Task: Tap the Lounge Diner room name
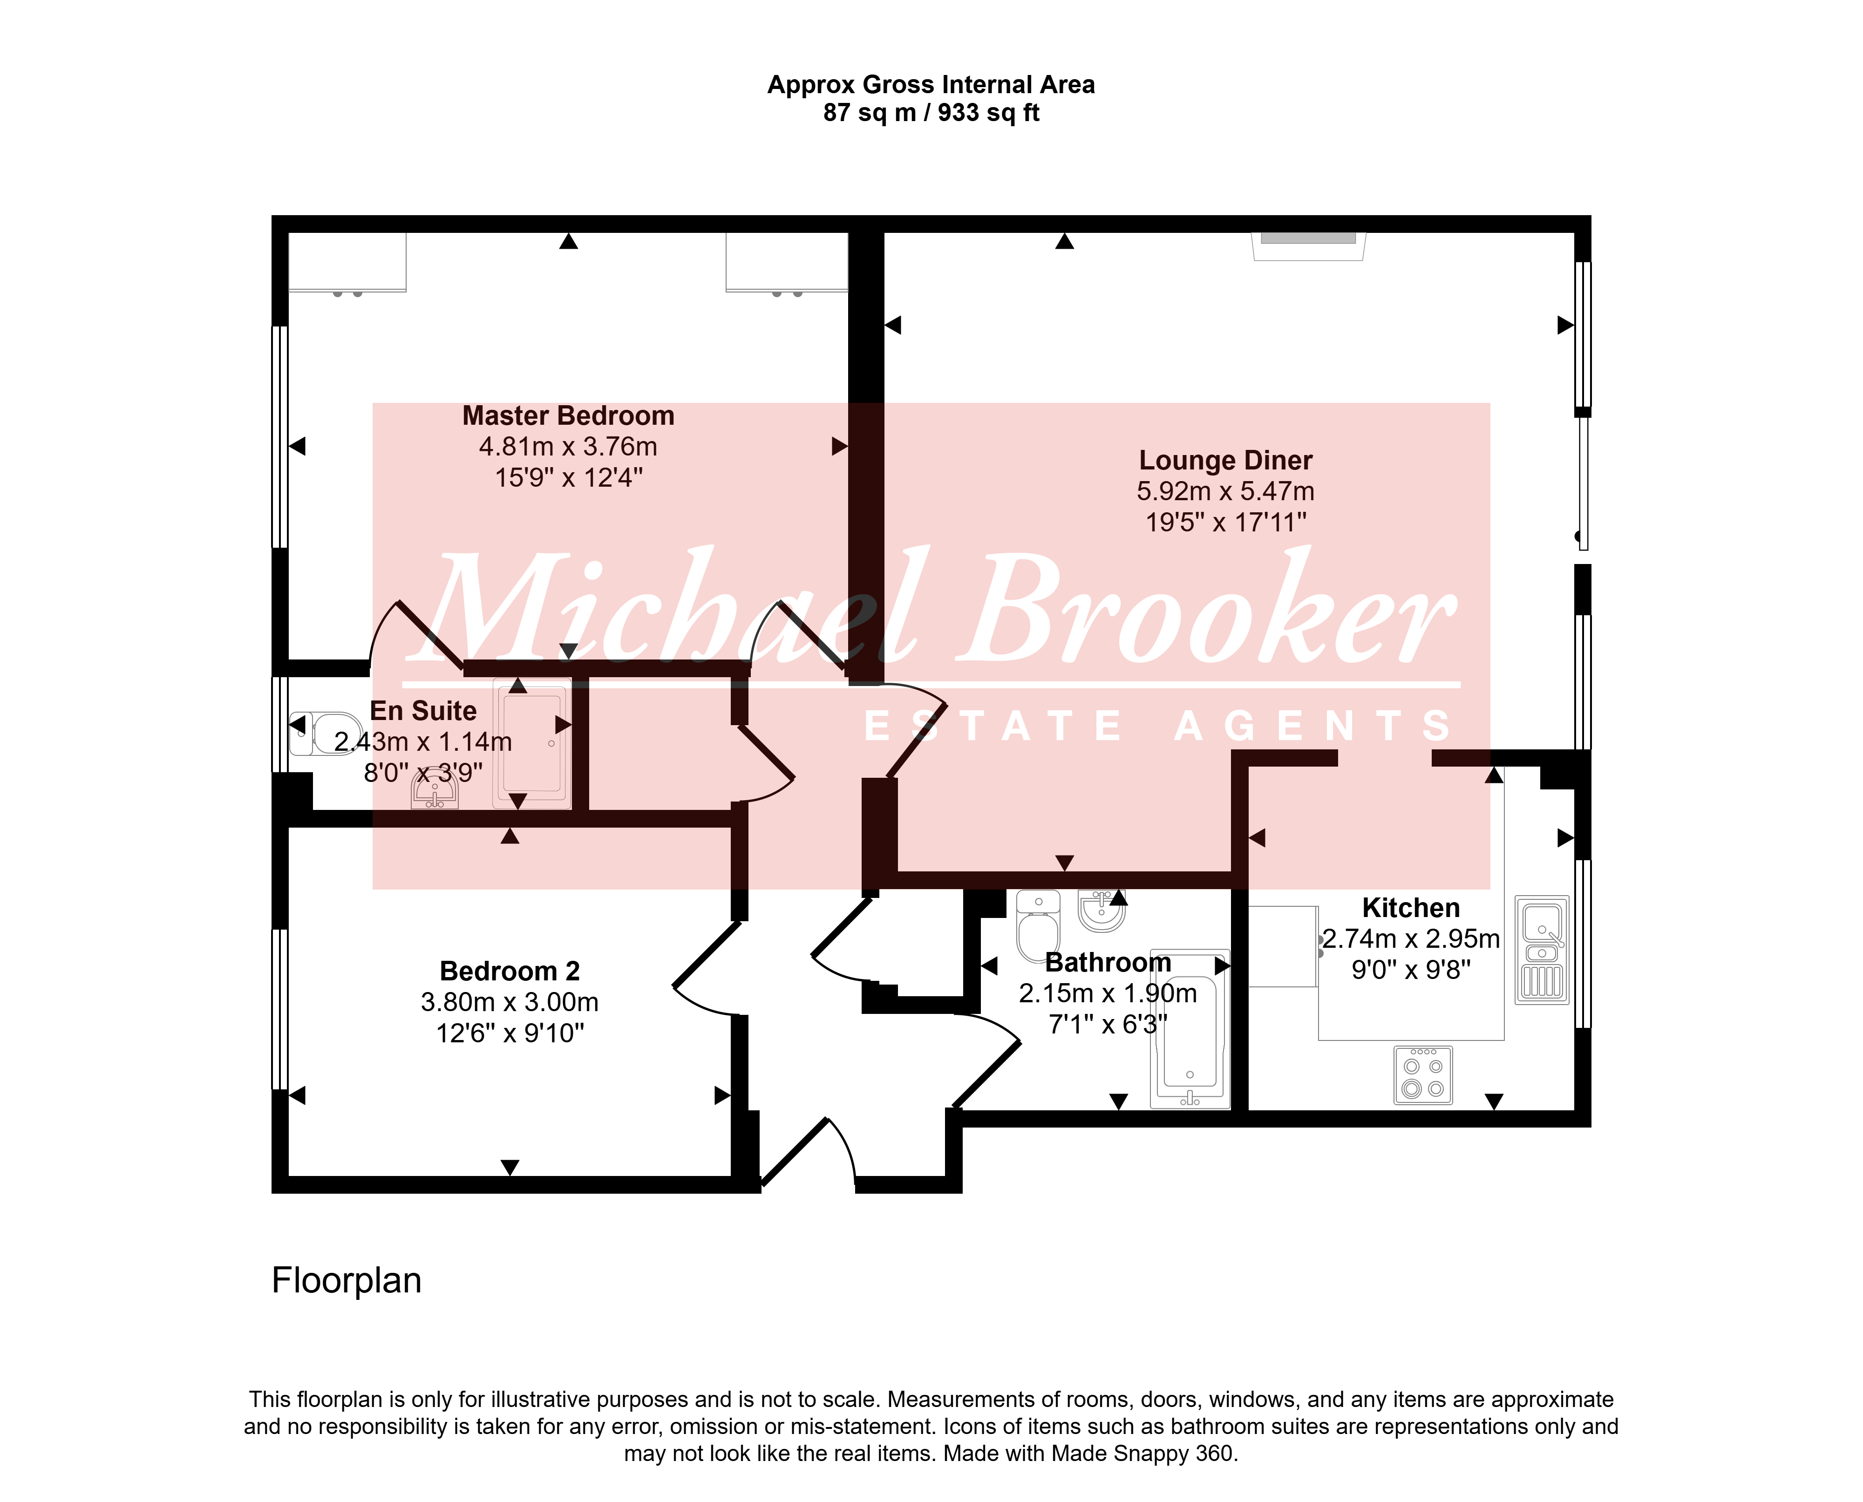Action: [1225, 460]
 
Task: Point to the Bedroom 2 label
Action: [510, 971]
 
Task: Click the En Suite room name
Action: [423, 710]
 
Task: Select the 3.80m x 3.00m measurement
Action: [510, 1002]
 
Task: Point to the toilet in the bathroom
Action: [1038, 926]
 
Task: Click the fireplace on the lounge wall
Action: [1308, 246]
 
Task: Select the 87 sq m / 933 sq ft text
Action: [931, 113]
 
